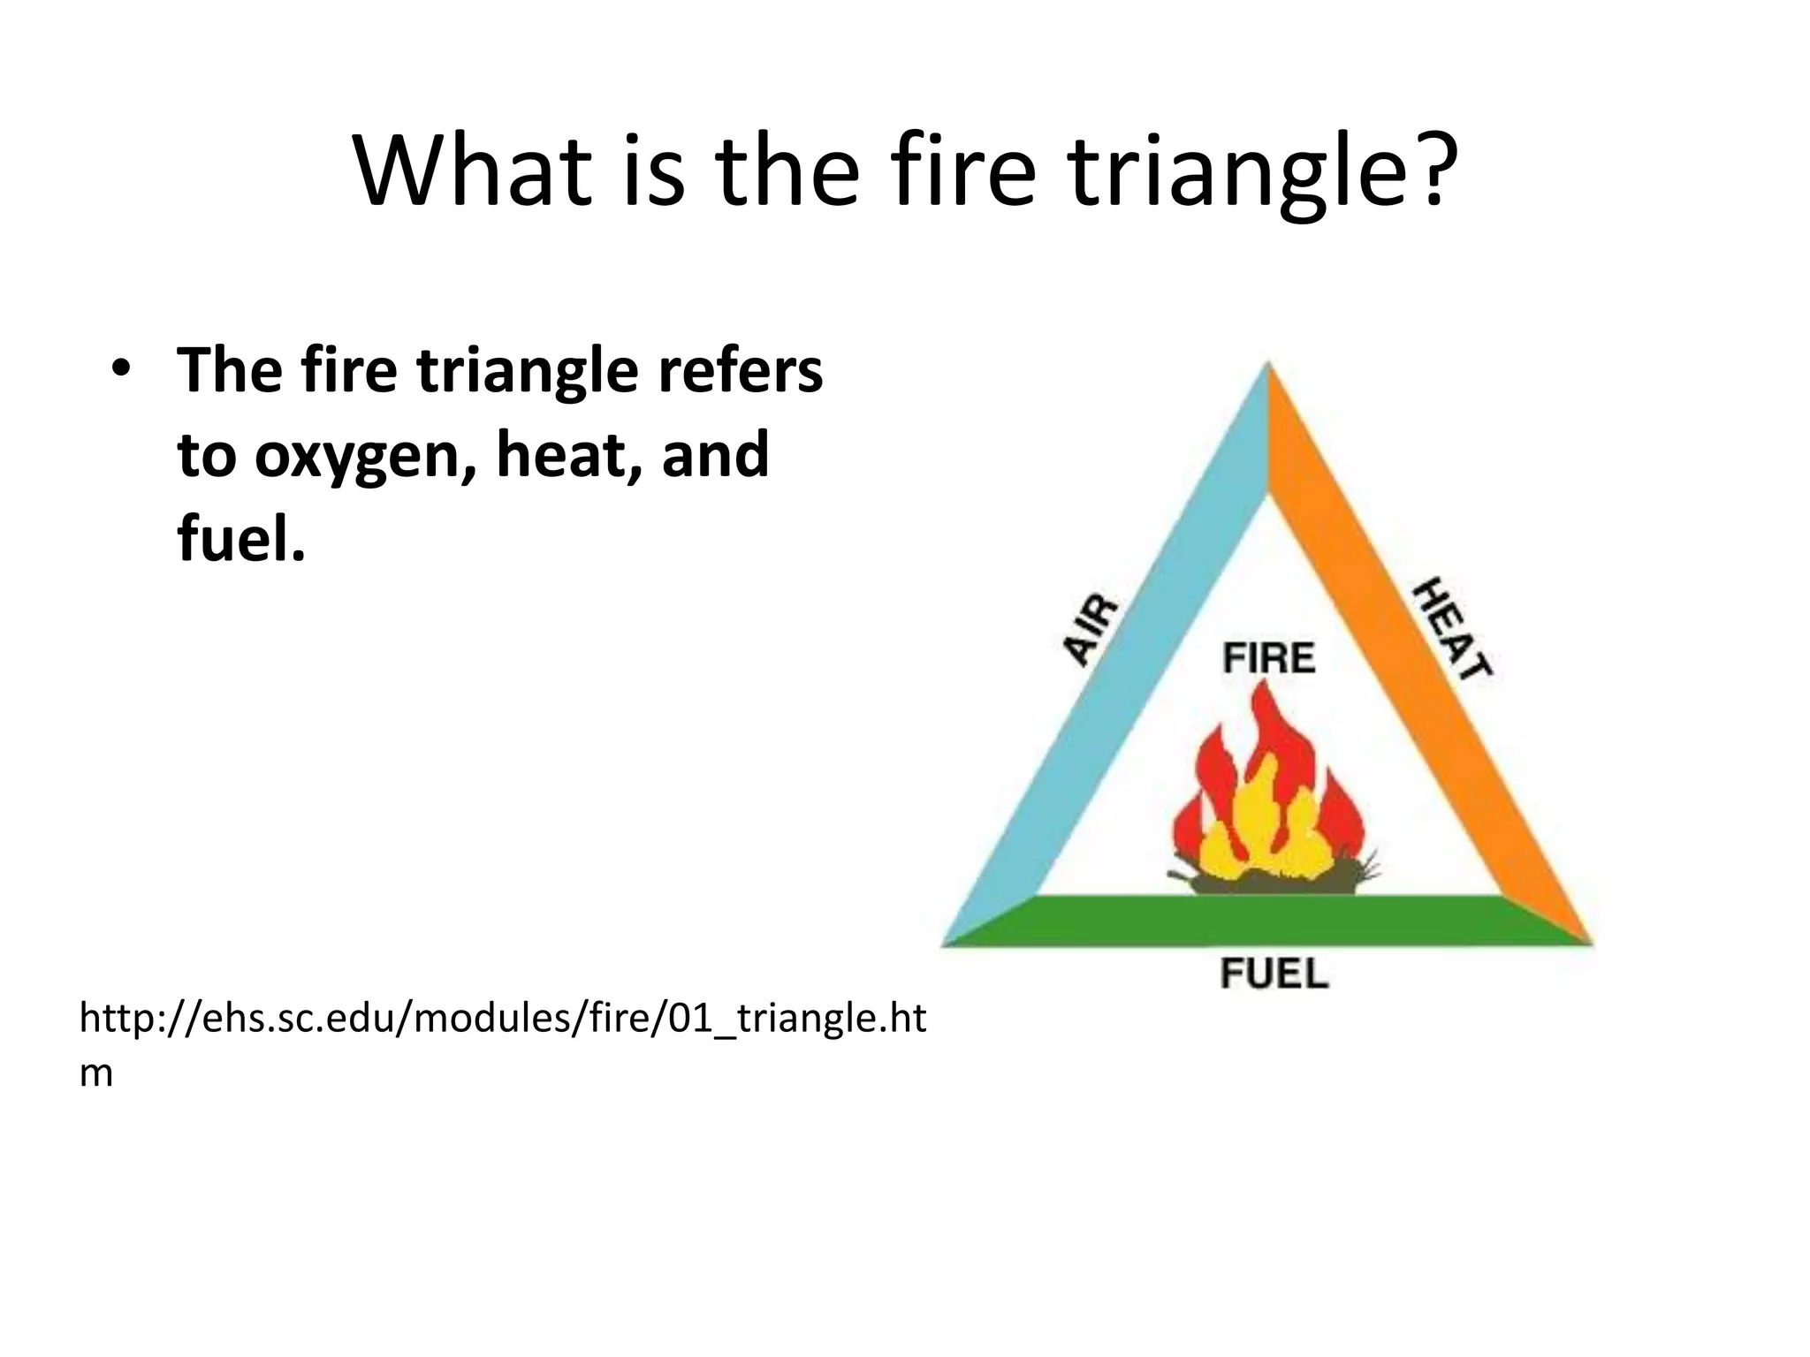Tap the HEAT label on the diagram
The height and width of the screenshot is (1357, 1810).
[1453, 628]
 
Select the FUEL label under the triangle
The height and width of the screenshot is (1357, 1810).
[1274, 974]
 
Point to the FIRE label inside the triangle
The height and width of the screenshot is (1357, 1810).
[1269, 658]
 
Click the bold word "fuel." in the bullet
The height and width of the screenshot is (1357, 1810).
[241, 539]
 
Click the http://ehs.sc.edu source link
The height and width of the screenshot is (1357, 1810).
[502, 1019]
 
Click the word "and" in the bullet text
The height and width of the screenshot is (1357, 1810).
[715, 456]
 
